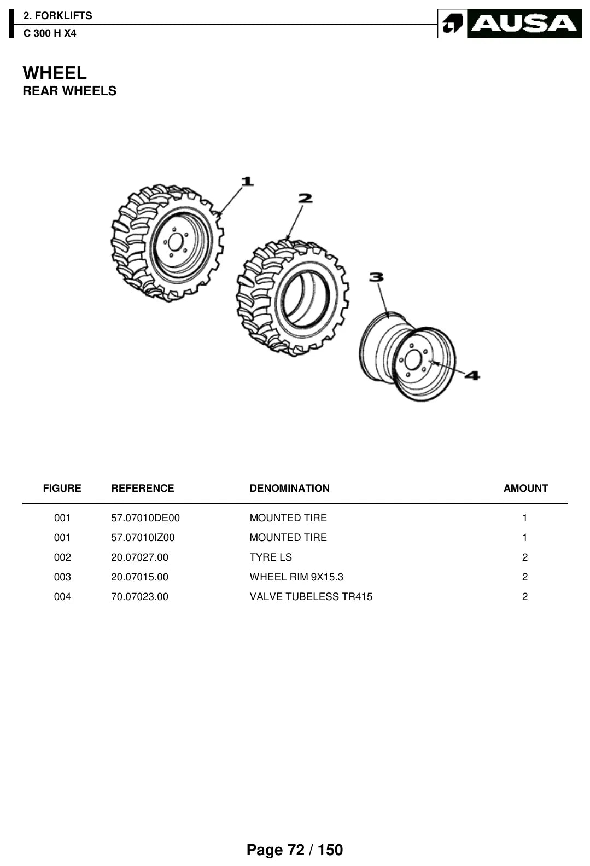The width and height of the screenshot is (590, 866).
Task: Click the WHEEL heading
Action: (x=55, y=73)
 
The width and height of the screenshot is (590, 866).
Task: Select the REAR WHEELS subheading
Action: (x=69, y=91)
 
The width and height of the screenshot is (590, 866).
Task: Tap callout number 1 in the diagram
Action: (x=247, y=181)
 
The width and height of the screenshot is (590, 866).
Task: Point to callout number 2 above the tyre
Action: (x=305, y=199)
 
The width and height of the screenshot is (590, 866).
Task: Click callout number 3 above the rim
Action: (x=376, y=277)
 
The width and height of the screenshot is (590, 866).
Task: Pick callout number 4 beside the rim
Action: (x=472, y=375)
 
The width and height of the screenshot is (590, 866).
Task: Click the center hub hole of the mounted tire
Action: (x=175, y=242)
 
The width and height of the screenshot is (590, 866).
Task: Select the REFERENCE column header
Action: (x=143, y=489)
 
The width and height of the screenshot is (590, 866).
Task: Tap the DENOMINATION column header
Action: (x=289, y=489)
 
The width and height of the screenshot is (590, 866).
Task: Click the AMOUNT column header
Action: (x=525, y=489)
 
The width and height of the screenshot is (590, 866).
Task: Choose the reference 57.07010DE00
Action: (x=145, y=518)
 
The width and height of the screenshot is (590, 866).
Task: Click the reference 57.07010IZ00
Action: (x=143, y=537)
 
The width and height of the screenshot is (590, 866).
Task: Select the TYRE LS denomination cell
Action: (x=271, y=557)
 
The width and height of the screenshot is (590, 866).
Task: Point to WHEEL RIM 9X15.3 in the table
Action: (x=296, y=577)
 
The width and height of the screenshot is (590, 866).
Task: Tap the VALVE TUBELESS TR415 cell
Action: (x=311, y=596)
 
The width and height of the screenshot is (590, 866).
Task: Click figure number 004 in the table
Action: (x=62, y=596)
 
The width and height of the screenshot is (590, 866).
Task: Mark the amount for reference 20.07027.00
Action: (x=525, y=557)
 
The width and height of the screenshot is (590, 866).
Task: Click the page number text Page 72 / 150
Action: (x=295, y=850)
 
